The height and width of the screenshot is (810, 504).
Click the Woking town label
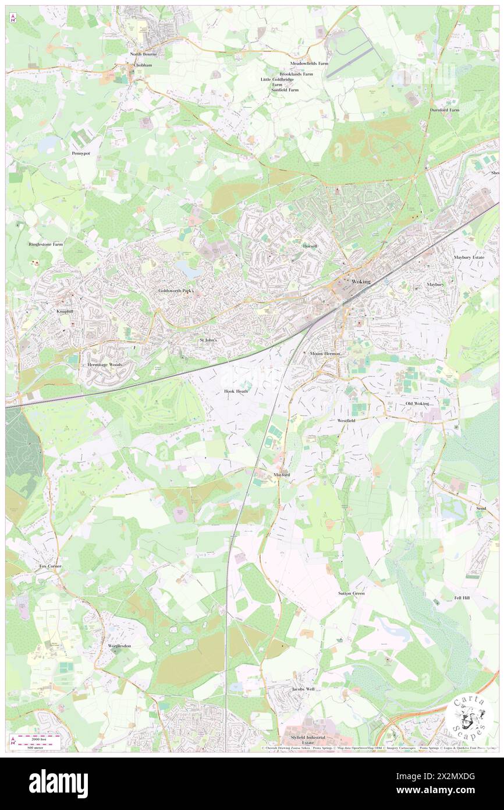pos(361,281)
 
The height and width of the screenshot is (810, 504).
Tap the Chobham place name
pos(143,65)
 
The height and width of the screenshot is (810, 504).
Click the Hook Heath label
pos(236,391)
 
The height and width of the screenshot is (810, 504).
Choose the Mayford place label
pos(282,475)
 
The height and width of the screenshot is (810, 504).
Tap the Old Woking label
pos(417,403)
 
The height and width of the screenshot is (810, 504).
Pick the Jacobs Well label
pos(303,689)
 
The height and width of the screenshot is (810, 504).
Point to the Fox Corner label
pos(50,566)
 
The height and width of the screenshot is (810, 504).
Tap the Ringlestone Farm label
pos(46,244)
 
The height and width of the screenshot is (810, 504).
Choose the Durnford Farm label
pos(444,110)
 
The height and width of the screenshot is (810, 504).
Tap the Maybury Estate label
pos(469,257)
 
